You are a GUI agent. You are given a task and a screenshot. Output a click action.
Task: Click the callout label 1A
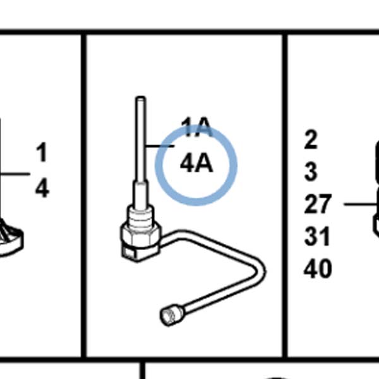[197, 127]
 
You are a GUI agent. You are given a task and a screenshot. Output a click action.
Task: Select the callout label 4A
[196, 163]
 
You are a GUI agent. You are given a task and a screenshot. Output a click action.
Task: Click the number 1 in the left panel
[42, 152]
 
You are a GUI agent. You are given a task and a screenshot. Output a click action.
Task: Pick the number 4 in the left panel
[42, 188]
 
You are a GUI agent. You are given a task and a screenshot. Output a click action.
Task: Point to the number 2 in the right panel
[311, 139]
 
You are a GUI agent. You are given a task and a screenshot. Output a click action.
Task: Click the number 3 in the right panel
[311, 172]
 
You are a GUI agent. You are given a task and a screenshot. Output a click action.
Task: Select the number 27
[317, 204]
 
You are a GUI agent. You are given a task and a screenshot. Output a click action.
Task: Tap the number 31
[317, 236]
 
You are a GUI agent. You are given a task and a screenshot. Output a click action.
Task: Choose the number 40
[318, 268]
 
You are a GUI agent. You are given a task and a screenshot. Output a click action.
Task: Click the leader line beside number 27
[361, 204]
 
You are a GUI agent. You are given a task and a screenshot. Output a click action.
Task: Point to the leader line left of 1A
[160, 146]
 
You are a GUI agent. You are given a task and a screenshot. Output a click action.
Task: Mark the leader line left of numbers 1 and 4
[15, 174]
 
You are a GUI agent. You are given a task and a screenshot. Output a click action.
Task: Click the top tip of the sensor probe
[141, 97]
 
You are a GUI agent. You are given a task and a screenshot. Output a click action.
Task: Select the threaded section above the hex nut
[140, 216]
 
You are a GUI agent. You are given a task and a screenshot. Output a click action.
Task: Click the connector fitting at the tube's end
[172, 315]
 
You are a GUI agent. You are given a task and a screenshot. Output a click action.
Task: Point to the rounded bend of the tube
[260, 272]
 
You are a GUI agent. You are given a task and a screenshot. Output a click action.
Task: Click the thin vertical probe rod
[141, 139]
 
